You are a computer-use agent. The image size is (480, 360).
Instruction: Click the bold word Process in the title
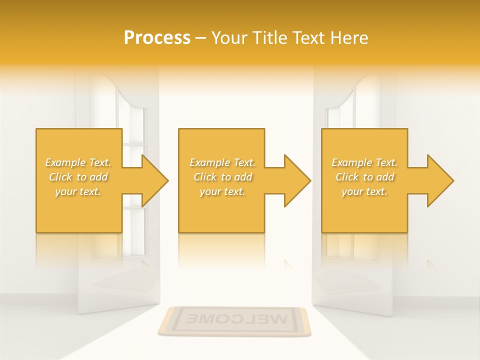pos(157,38)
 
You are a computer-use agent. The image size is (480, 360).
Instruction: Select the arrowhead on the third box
pos(439,181)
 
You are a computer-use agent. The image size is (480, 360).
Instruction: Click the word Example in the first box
pos(65,162)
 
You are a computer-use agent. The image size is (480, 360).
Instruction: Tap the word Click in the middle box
pos(205,177)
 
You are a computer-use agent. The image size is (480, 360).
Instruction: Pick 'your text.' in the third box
pos(364,191)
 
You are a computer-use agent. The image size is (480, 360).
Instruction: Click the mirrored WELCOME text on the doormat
pos(234,318)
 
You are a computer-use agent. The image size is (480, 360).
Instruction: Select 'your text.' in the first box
pos(78,191)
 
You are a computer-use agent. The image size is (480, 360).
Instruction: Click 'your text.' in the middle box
pos(222,191)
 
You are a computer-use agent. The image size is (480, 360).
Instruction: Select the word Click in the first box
pos(60,177)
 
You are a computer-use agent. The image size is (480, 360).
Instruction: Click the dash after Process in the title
pos(201,38)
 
